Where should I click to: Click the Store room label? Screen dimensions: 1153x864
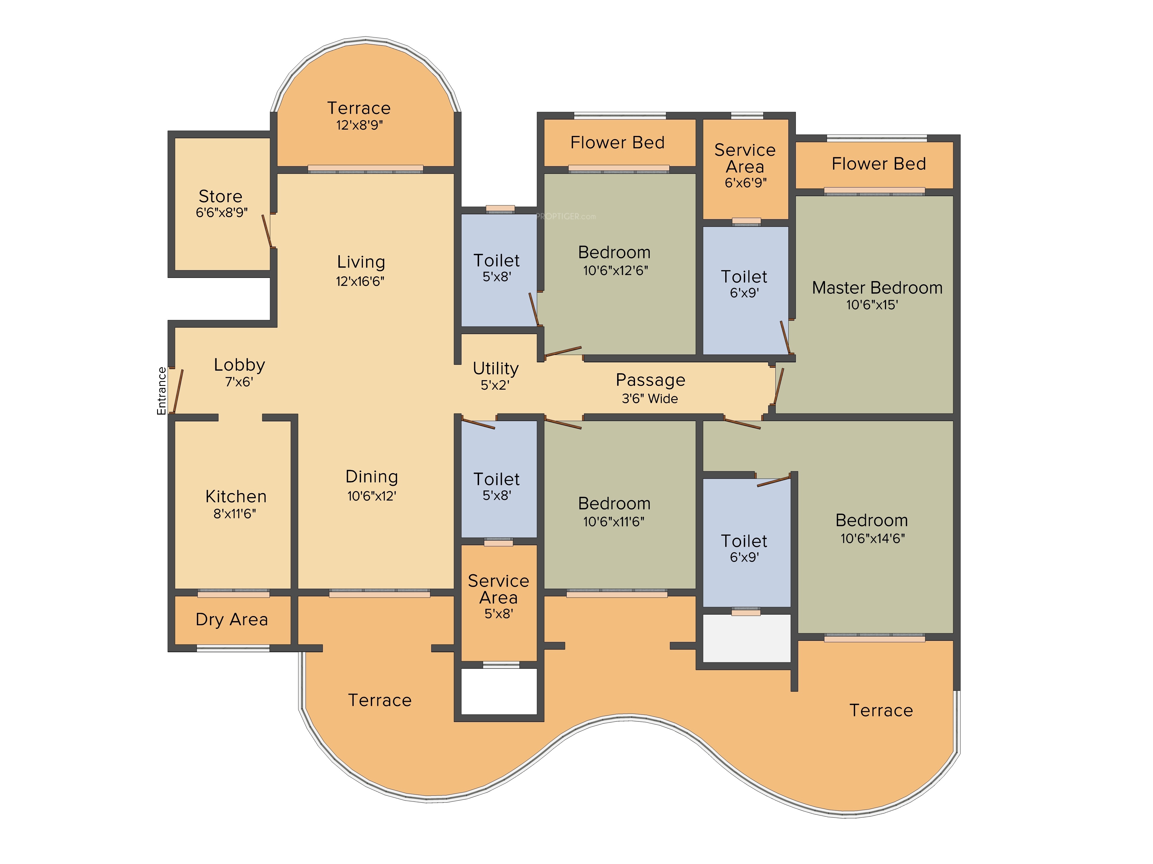click(x=221, y=196)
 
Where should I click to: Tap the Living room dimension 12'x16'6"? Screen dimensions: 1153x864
click(x=360, y=281)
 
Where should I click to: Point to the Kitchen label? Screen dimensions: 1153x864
click(x=236, y=496)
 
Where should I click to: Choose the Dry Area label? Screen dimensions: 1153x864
click(x=232, y=620)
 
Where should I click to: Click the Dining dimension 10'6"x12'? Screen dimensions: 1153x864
click(x=372, y=496)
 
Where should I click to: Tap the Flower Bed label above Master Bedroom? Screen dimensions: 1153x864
click(x=879, y=164)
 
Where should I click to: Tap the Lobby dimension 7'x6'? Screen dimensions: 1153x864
click(x=239, y=382)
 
